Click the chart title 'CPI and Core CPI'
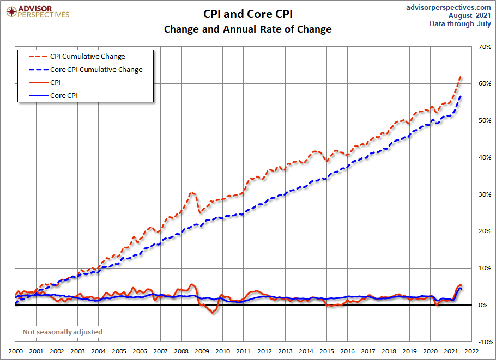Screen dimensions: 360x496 [248, 14]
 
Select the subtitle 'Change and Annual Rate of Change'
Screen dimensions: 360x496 [248, 29]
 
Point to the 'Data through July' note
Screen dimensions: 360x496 [459, 23]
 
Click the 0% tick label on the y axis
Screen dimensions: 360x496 [483, 305]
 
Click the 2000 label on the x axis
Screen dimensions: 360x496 [15, 352]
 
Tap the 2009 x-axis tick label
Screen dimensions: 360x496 [202, 352]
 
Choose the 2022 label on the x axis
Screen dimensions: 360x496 [471, 352]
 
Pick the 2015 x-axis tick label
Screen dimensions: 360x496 [326, 352]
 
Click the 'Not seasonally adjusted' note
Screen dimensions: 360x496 [62, 332]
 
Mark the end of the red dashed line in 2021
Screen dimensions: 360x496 [462, 77]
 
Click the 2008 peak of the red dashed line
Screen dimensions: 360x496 [192, 192]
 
